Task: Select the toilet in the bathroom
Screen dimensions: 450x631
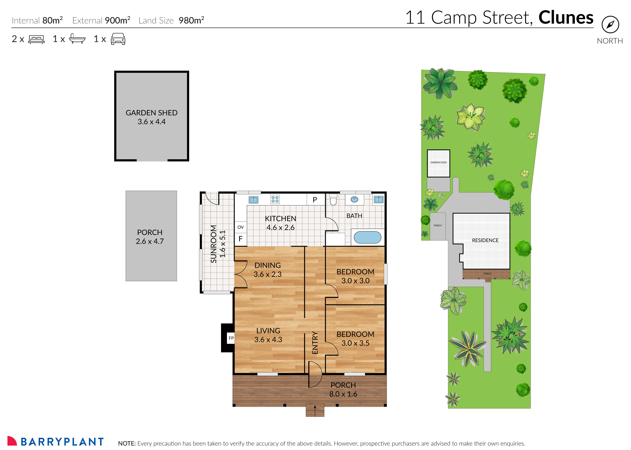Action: click(333, 200)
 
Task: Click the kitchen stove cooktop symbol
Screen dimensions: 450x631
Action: click(275, 199)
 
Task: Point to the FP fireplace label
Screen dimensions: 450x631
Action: click(231, 338)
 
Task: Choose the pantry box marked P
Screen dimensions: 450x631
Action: click(315, 200)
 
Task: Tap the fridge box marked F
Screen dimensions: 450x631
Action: click(240, 239)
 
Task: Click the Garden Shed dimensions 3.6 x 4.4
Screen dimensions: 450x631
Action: click(152, 122)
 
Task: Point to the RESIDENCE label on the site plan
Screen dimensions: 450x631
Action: click(485, 240)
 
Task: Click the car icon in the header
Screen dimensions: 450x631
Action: click(118, 39)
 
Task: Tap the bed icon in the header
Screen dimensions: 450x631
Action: click(36, 39)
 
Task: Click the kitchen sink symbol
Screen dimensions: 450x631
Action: click(253, 200)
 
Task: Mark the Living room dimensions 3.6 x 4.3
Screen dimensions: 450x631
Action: click(268, 339)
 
